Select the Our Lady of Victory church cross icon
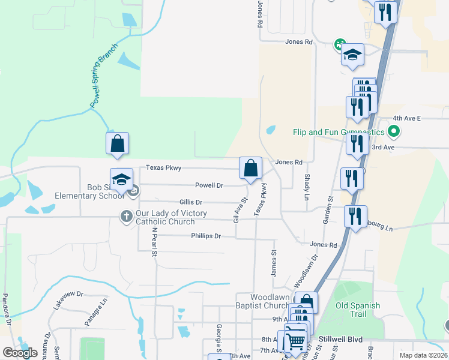pyautogui.click(x=126, y=215)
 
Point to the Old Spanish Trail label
pyautogui.click(x=358, y=310)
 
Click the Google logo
pyautogui.click(x=20, y=352)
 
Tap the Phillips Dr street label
pyautogui.click(x=206, y=236)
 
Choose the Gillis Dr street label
pyautogui.click(x=190, y=202)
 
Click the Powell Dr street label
pyautogui.click(x=209, y=185)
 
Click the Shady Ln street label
pyautogui.click(x=306, y=188)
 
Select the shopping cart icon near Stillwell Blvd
pyautogui.click(x=295, y=341)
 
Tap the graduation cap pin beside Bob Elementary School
pyautogui.click(x=121, y=179)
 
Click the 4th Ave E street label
pyautogui.click(x=407, y=119)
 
